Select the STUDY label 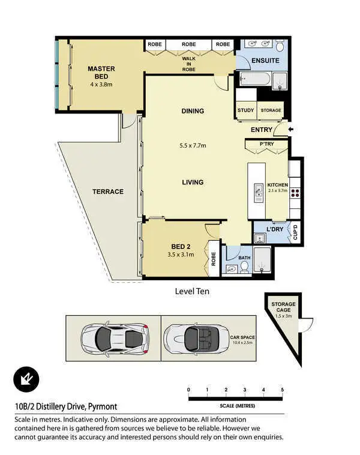(245, 110)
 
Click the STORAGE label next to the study (271, 110)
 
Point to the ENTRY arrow (292, 130)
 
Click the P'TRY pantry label (266, 144)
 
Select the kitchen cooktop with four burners (295, 192)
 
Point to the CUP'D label (295, 232)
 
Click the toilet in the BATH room (244, 268)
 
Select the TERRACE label (107, 191)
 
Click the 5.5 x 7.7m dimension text (192, 145)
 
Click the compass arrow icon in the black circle (26, 379)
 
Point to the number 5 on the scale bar (282, 390)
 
